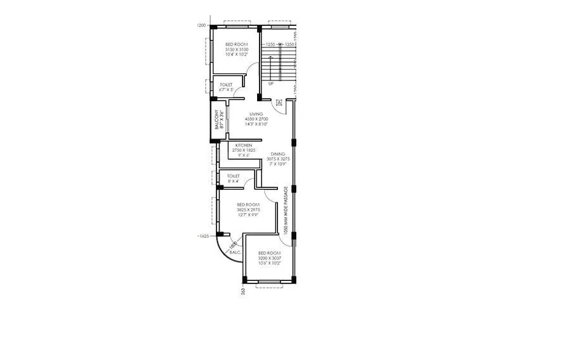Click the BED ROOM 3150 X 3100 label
click(x=237, y=49)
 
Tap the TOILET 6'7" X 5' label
click(x=226, y=87)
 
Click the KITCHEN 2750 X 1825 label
click(x=244, y=148)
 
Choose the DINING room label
click(x=278, y=159)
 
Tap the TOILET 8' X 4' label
click(x=232, y=178)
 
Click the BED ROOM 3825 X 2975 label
click(x=248, y=209)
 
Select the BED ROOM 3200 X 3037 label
click(x=270, y=258)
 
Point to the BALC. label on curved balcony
click(x=234, y=252)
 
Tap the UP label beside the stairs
click(x=271, y=84)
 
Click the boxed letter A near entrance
click(x=279, y=101)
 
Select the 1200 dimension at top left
click(x=201, y=25)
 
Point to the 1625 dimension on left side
click(x=203, y=235)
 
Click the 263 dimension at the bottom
click(x=242, y=291)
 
